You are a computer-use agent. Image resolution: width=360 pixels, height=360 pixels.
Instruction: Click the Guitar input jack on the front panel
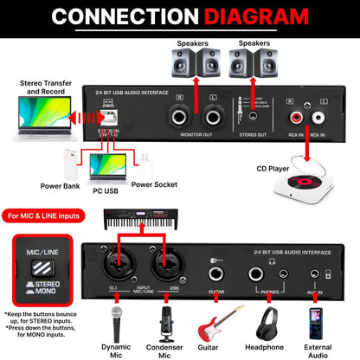pyautogui.click(x=212, y=278)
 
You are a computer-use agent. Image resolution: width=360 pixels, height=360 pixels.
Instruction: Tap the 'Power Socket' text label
pyautogui.click(x=154, y=184)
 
